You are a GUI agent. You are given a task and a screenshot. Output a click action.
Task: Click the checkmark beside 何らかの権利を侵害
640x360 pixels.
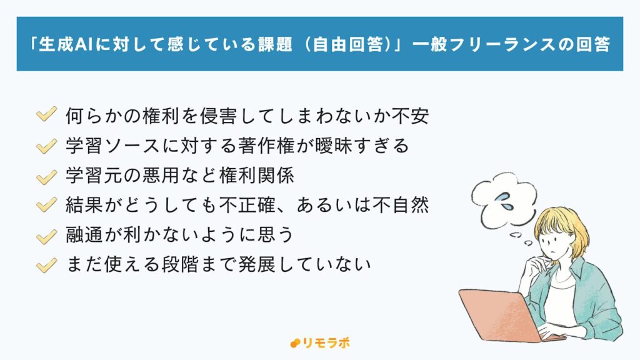47,116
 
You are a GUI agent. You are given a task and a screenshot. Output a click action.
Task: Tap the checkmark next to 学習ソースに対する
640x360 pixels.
47,146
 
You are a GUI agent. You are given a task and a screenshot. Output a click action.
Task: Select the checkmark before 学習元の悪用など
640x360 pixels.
47,176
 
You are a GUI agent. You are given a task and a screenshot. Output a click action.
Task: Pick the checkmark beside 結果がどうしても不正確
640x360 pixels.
47,206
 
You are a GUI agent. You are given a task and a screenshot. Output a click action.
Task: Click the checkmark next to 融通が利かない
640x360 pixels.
47,236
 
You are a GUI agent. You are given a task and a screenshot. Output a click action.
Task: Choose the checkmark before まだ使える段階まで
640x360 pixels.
47,266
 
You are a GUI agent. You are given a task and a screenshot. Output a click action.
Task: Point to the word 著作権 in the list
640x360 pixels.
293,146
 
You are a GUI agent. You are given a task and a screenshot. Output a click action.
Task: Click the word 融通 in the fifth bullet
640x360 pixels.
84,236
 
